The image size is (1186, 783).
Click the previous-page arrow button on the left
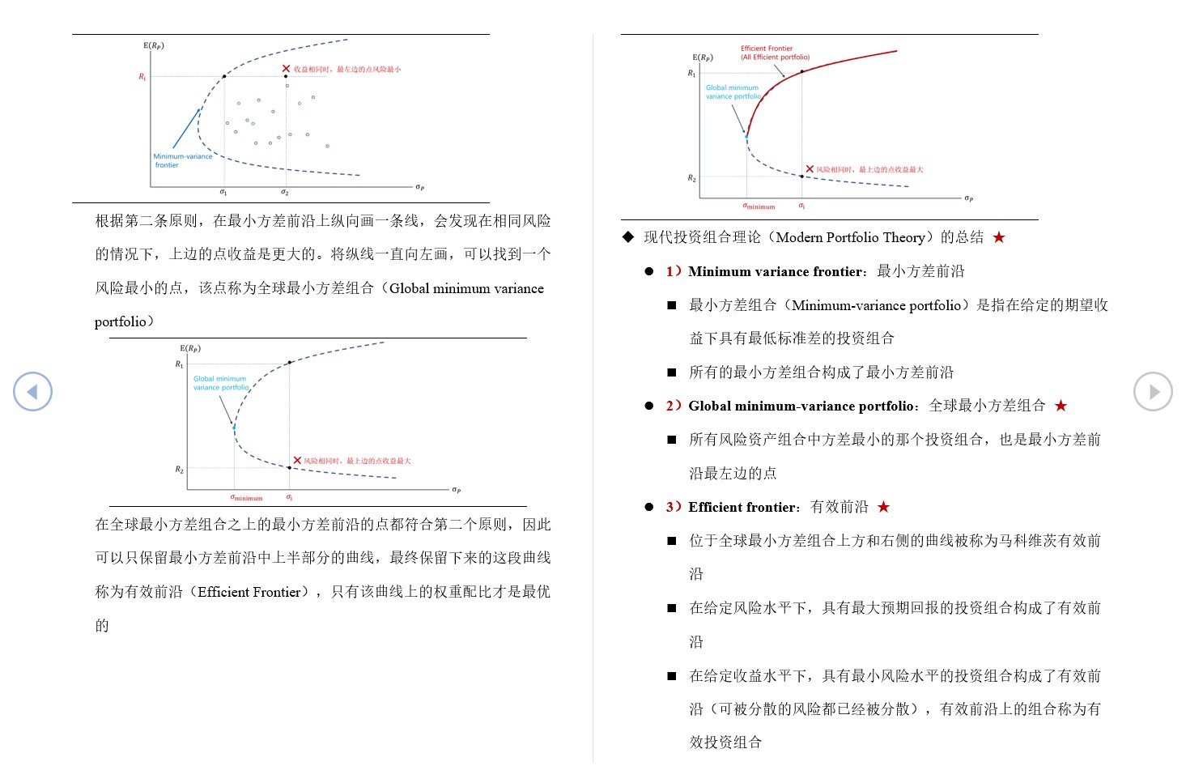[x=32, y=392]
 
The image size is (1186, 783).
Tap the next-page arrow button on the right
[x=1153, y=392]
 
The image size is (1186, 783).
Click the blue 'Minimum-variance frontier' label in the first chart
[x=182, y=160]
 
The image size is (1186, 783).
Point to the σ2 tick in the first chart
[x=285, y=193]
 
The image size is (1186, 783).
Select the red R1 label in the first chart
[x=142, y=77]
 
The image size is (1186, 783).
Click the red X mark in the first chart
[x=286, y=69]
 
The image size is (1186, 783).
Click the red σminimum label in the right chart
[x=759, y=206]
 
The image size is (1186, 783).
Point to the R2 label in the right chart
[x=691, y=178]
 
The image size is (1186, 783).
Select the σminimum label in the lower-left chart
[x=246, y=498]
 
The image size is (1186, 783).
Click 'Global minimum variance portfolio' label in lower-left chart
[x=220, y=383]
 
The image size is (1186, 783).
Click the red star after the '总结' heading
[x=999, y=237]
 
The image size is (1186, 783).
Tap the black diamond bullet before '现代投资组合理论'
[x=628, y=237]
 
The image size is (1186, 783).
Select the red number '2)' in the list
[x=674, y=406]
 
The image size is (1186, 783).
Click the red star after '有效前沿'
[x=884, y=507]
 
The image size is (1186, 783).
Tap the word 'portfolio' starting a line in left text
[x=120, y=321]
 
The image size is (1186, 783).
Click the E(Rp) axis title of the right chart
[x=703, y=57]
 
